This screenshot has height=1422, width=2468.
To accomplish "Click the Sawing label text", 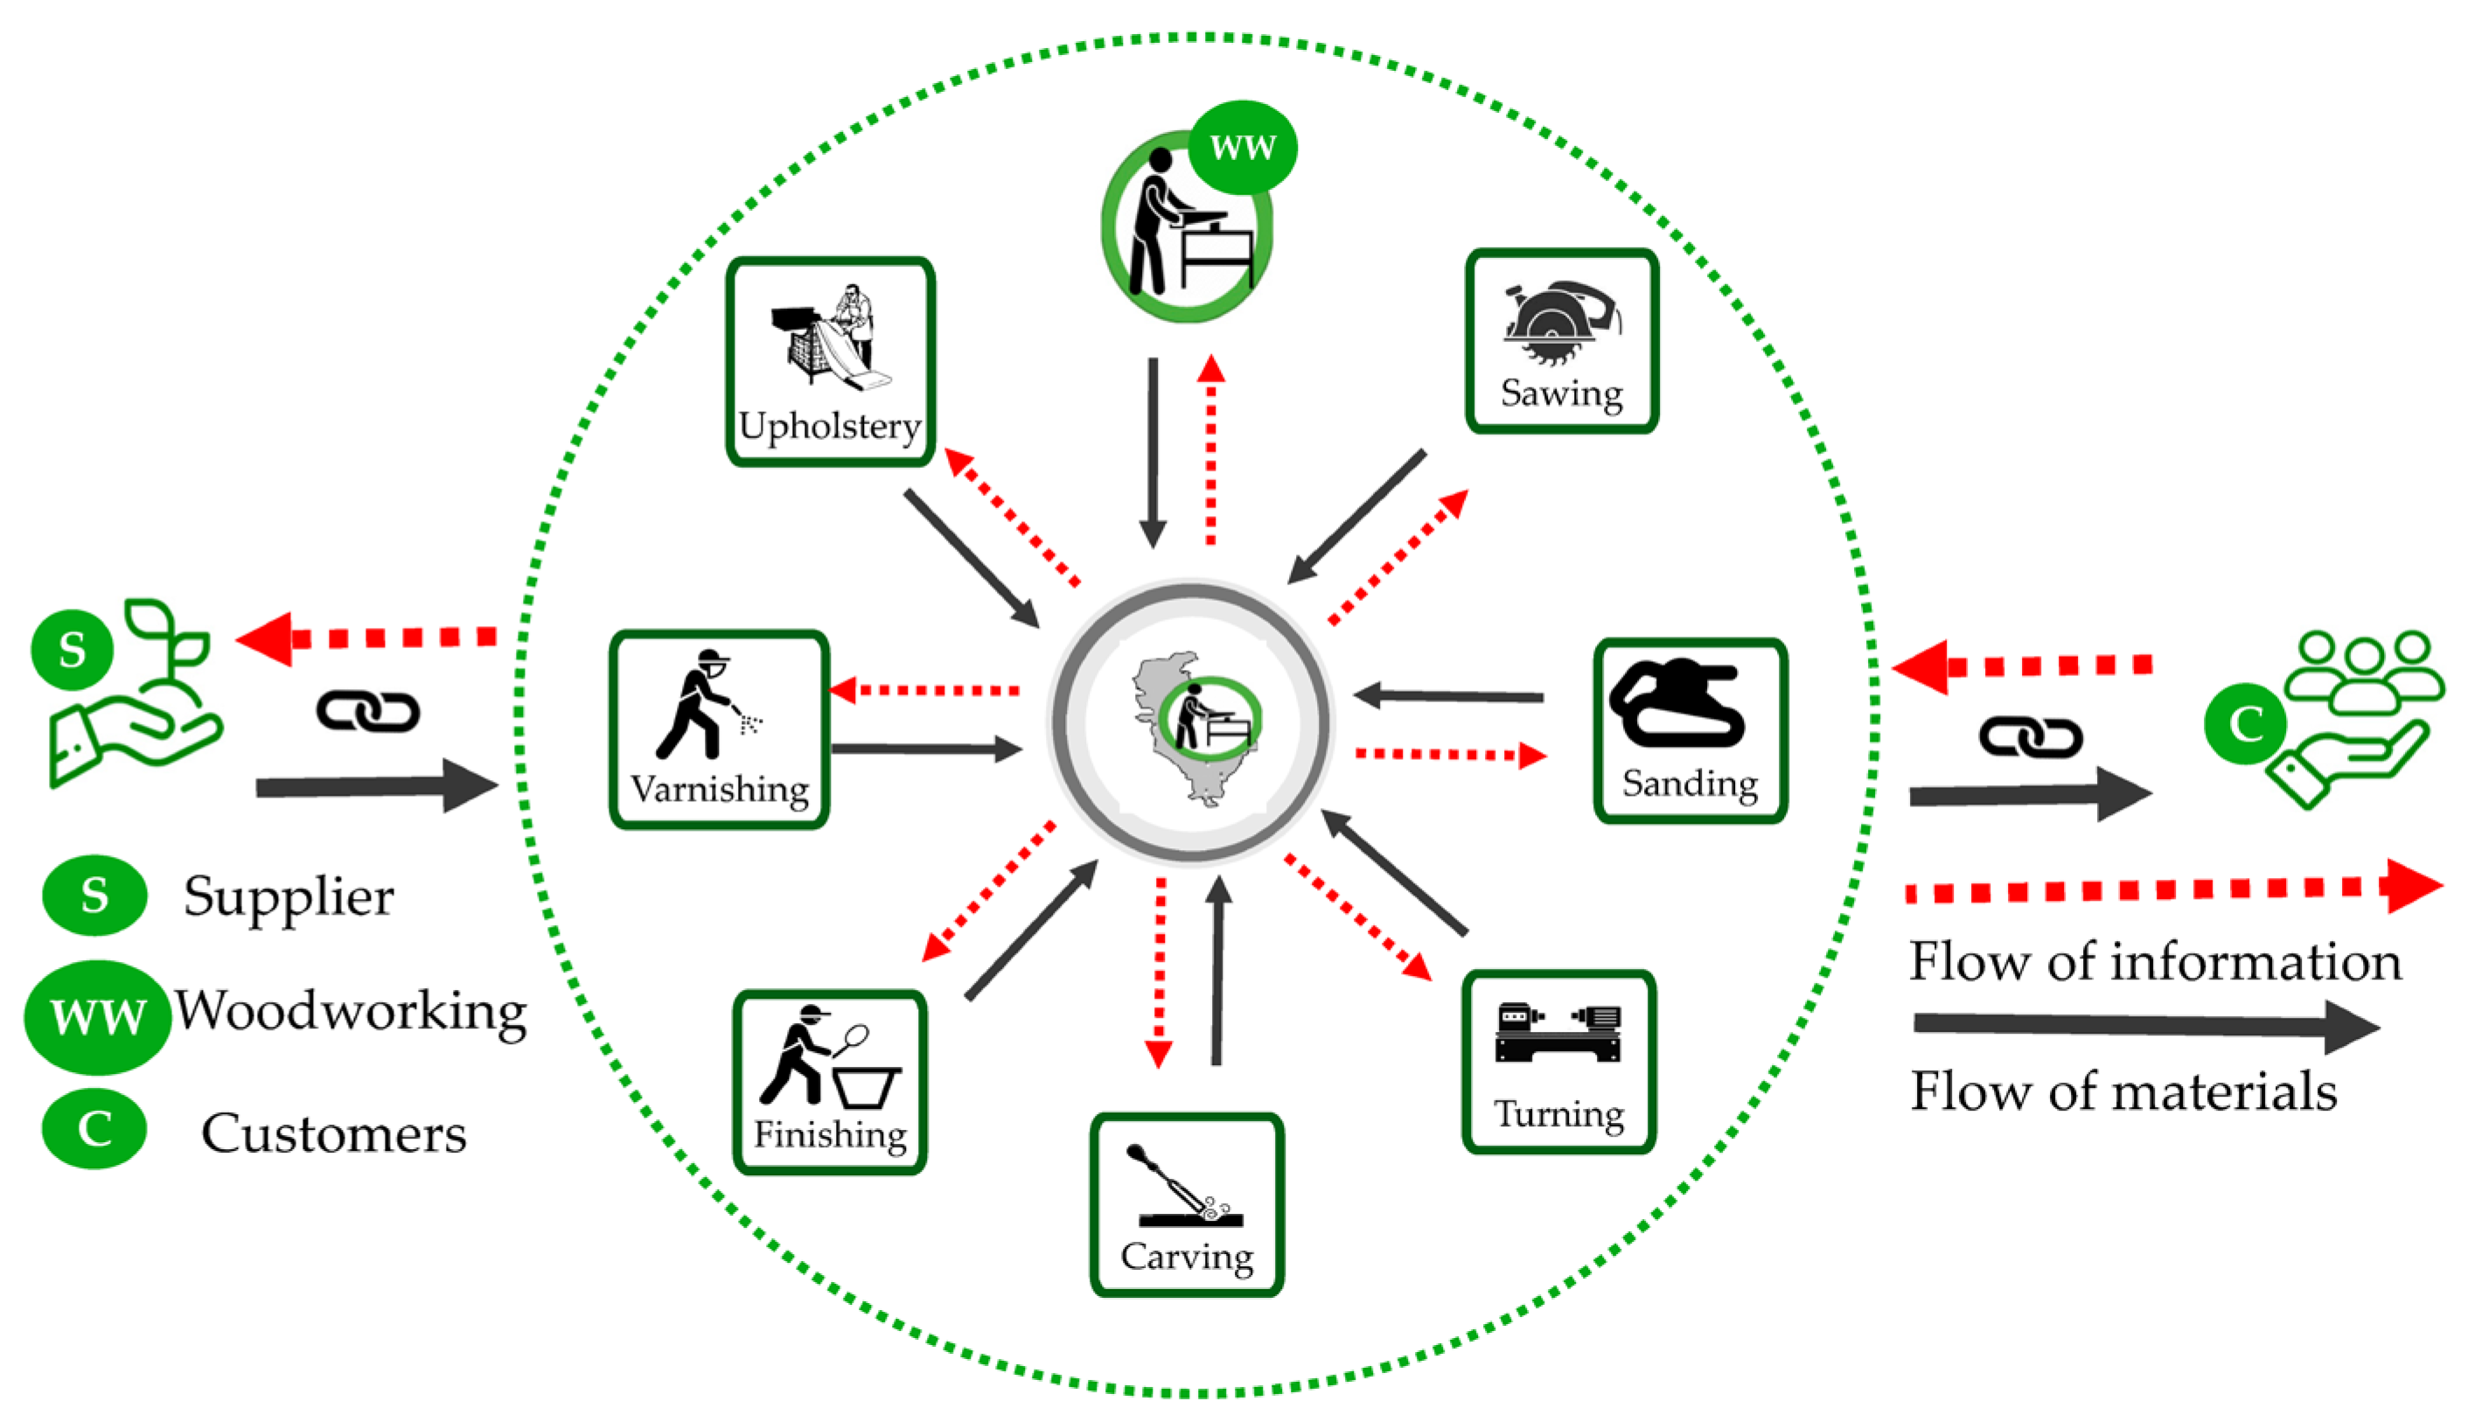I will (x=1561, y=394).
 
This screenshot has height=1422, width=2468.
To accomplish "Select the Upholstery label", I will (x=829, y=427).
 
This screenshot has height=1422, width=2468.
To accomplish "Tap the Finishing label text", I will (x=830, y=1135).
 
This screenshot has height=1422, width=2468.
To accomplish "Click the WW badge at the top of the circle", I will (x=1241, y=148).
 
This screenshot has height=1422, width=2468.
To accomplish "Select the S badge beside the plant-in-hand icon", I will (x=73, y=650).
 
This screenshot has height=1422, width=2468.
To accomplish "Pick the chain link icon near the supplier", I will (x=368, y=711).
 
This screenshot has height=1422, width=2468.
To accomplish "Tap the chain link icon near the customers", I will (x=2031, y=737).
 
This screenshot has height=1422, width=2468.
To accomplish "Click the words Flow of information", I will (x=2155, y=962).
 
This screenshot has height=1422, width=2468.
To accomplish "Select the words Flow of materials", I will (x=2123, y=1091).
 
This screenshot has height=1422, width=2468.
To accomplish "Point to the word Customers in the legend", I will (x=333, y=1133).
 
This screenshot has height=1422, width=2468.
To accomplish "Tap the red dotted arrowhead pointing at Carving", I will (x=1158, y=1055).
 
